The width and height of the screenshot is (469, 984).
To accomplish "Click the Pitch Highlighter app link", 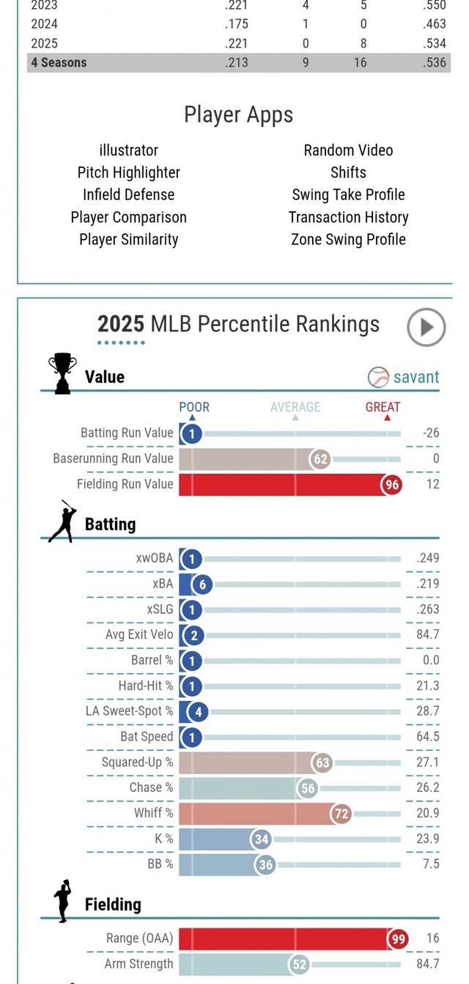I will [x=128, y=172].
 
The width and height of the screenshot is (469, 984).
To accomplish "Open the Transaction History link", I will [x=348, y=217].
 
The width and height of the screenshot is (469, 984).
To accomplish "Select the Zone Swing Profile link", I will [x=348, y=239].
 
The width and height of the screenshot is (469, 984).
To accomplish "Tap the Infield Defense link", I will [x=128, y=194].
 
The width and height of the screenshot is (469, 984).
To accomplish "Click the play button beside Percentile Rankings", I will [x=426, y=327].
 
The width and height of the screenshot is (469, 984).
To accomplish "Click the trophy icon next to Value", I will [x=62, y=373].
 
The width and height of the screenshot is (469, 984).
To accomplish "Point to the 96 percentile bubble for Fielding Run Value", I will [x=391, y=484].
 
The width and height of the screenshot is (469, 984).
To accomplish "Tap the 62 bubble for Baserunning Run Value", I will [x=320, y=459].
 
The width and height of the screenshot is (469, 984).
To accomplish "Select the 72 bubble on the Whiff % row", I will [x=341, y=813].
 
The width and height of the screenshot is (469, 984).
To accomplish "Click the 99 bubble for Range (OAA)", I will [x=398, y=939].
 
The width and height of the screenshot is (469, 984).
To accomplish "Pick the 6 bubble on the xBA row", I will [x=202, y=584].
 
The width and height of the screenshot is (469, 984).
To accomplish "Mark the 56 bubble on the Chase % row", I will [x=308, y=787].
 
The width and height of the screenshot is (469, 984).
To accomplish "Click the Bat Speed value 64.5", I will [x=427, y=736].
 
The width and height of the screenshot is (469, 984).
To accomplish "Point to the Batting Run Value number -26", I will [x=431, y=433].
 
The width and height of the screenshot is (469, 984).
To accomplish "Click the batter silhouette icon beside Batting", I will [x=62, y=522].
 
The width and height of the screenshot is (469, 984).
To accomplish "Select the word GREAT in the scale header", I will [x=383, y=407].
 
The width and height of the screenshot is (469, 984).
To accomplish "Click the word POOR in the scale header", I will [x=194, y=407].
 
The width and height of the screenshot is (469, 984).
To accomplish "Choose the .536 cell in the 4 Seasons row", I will [x=435, y=62].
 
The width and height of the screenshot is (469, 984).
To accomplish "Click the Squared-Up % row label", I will [x=138, y=762].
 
